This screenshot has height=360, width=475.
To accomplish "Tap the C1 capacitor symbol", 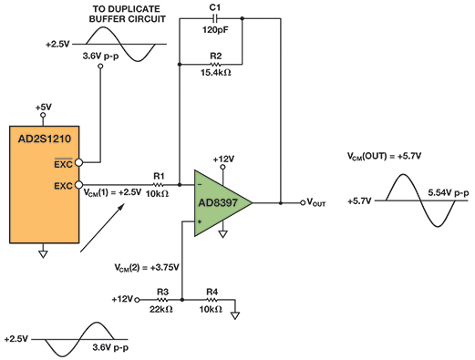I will click(215, 17).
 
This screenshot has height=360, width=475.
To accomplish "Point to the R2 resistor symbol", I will click(215, 65).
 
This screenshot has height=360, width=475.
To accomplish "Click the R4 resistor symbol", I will click(212, 299).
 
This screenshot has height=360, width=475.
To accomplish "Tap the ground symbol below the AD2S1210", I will click(43, 254).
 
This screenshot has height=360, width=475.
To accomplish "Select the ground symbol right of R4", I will click(235, 315).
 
